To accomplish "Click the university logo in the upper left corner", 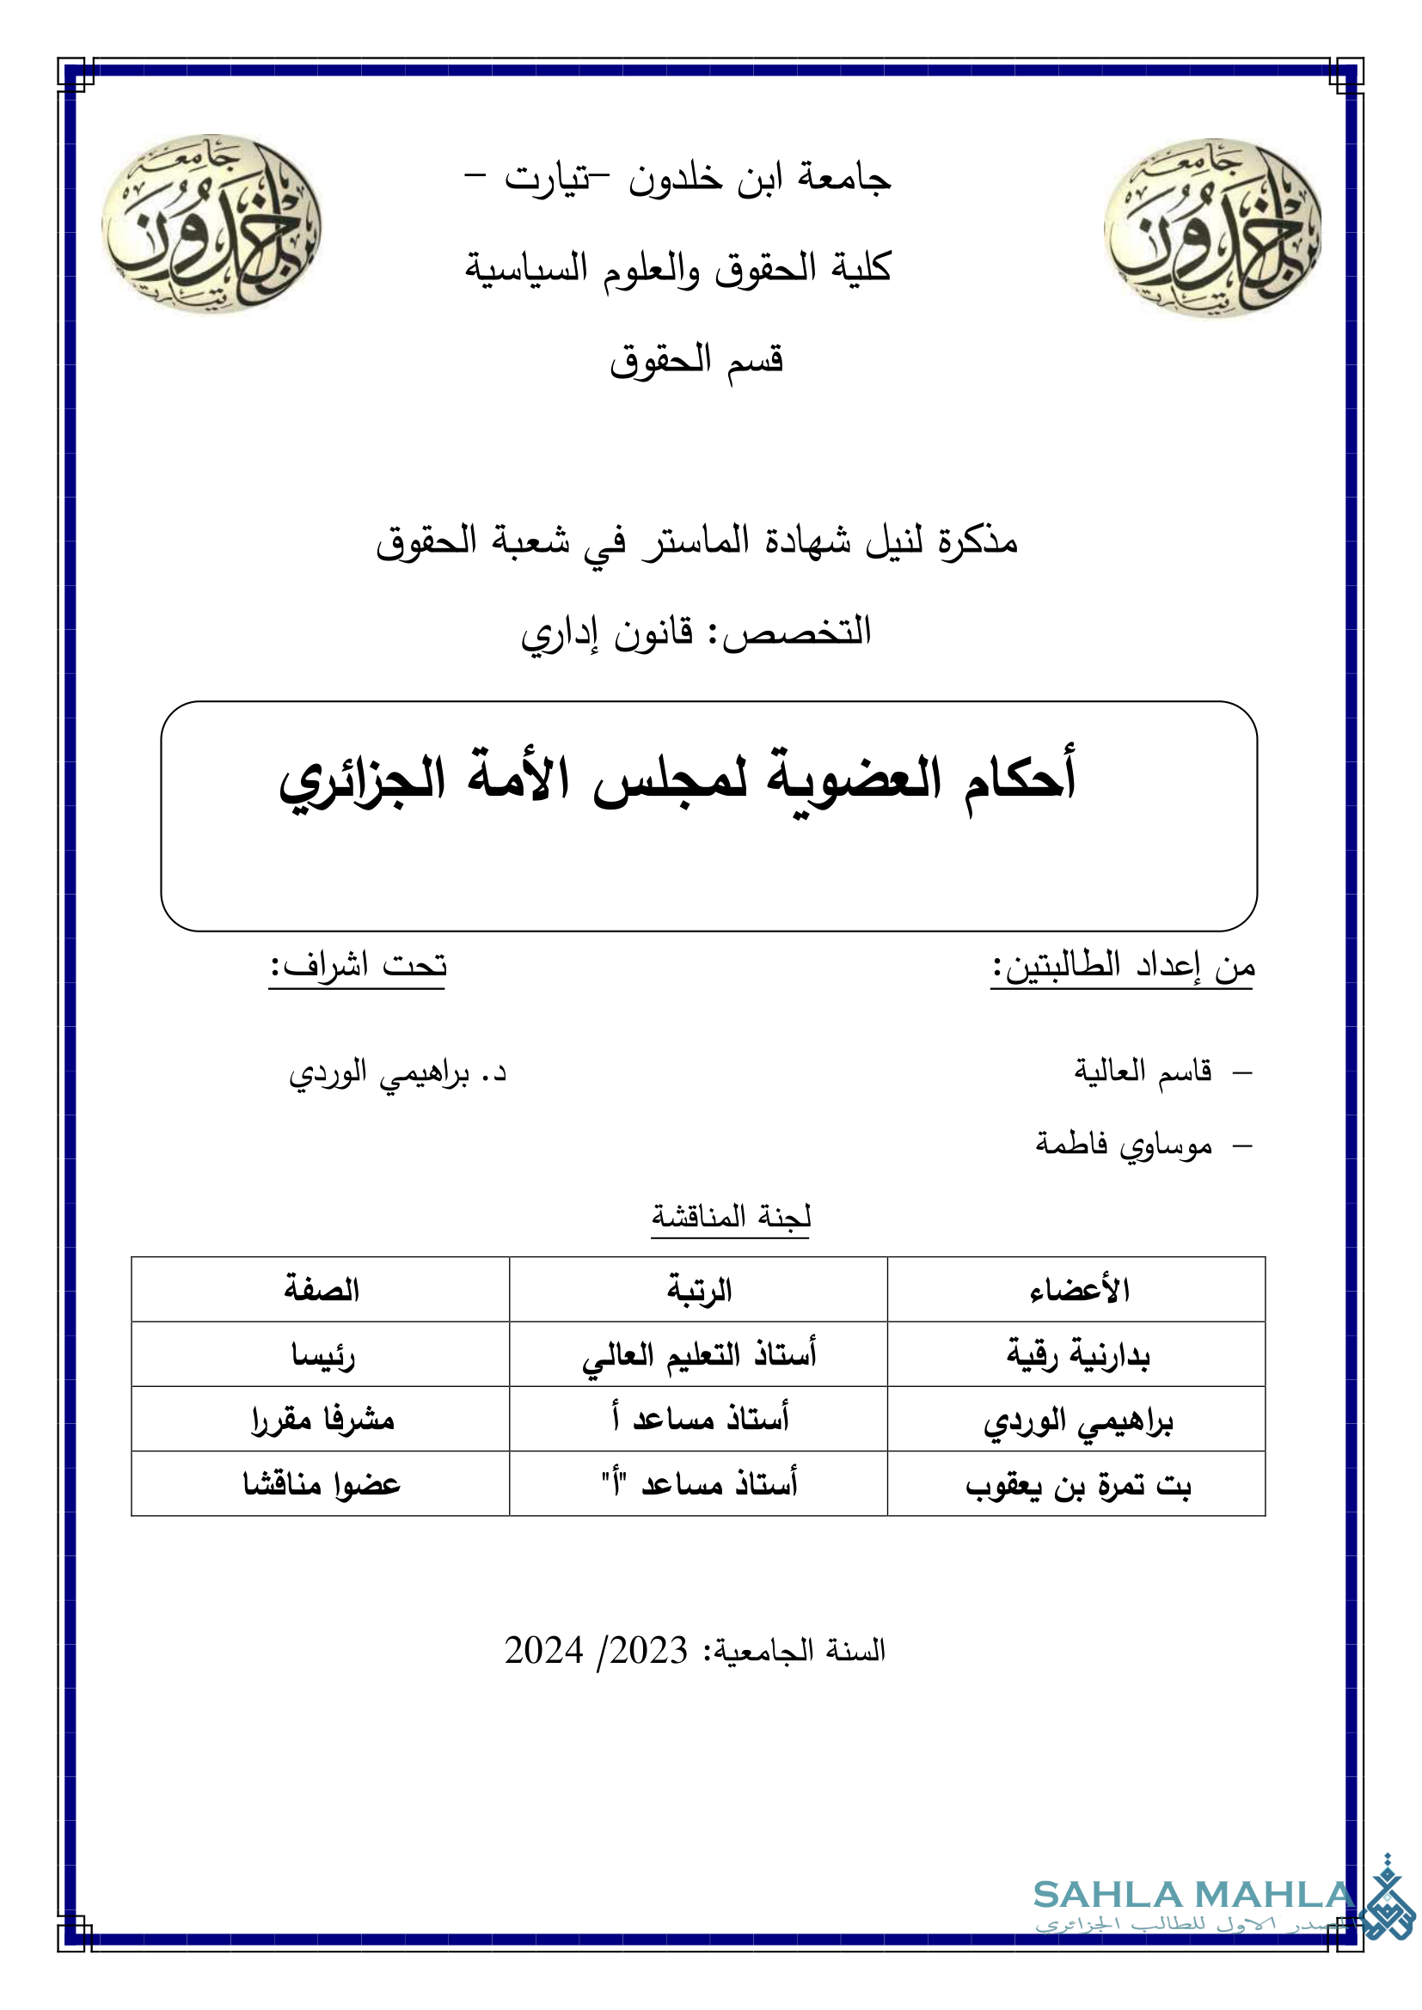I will click(x=211, y=223).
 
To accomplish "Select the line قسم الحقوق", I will click(x=696, y=360).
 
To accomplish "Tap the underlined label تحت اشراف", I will click(x=359, y=966).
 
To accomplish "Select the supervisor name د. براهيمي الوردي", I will click(x=398, y=1073).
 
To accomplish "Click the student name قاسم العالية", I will click(x=1143, y=1070).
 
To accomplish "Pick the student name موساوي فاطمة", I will click(x=1124, y=1143).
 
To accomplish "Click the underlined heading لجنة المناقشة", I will click(x=731, y=1216).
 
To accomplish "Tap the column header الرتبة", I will click(x=699, y=1290).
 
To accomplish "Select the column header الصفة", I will click(x=322, y=1290).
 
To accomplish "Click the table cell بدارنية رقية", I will click(x=1078, y=1355).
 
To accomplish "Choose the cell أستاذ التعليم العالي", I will click(x=699, y=1355).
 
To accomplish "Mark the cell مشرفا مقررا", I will click(x=322, y=1419).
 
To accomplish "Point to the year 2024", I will click(x=543, y=1650).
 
